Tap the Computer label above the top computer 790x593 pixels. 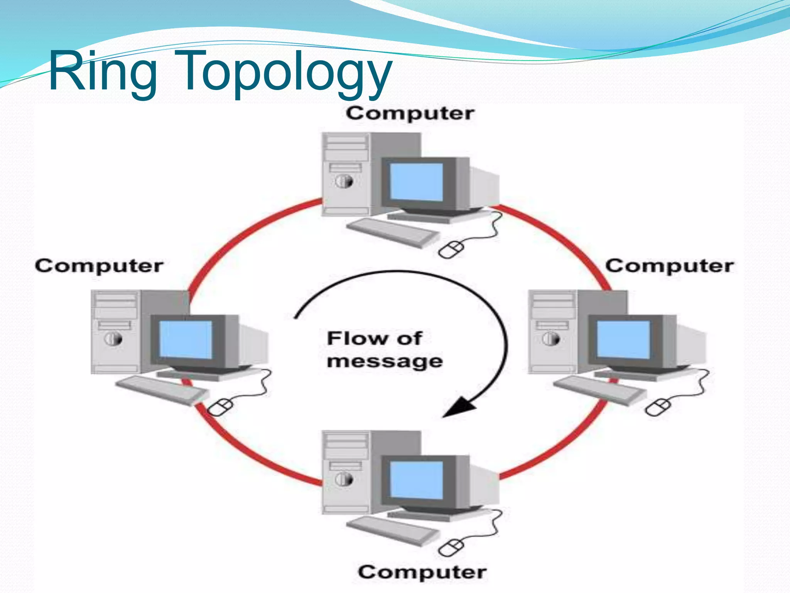[x=410, y=114]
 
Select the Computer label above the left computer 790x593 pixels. [x=99, y=266]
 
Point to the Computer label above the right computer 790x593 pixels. [x=669, y=266]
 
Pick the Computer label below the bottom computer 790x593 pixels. [x=422, y=572]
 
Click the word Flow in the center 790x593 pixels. [x=356, y=339]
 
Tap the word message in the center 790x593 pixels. [x=385, y=361]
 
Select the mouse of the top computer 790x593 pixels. [x=451, y=250]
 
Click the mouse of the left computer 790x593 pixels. [x=220, y=407]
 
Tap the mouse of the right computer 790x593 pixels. [x=658, y=408]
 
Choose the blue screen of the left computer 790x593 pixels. [x=186, y=339]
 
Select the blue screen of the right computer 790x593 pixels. [x=623, y=339]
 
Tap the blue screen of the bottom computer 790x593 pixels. [x=416, y=480]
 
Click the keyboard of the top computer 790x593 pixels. [x=393, y=232]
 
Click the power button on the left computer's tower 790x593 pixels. [x=113, y=339]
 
